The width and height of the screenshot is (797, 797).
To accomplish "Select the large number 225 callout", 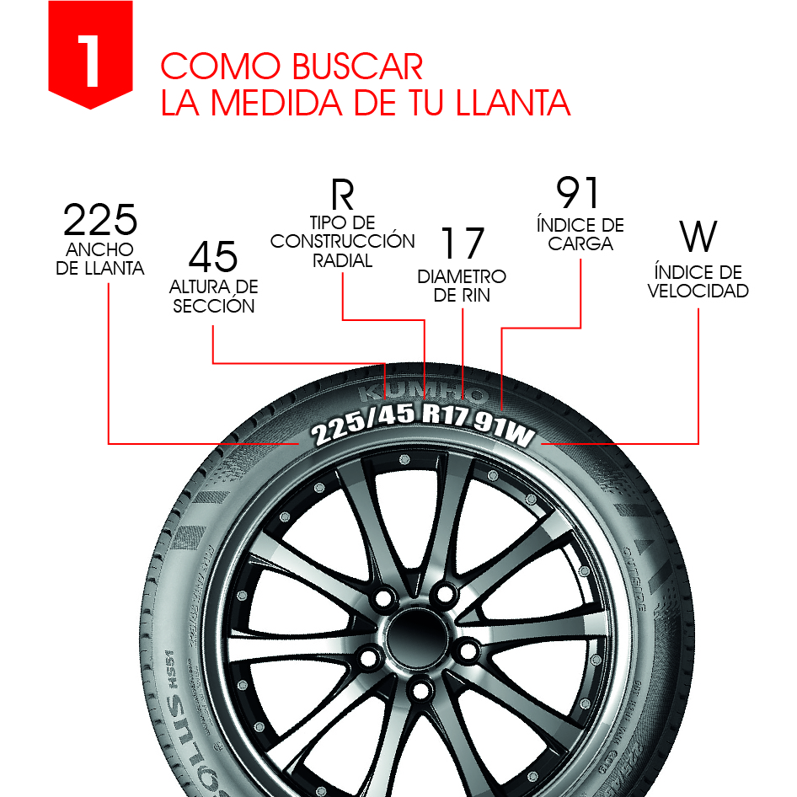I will coord(100,221).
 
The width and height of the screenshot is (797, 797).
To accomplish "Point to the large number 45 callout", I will coord(213,256).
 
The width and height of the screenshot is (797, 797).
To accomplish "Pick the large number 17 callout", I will coord(463,243).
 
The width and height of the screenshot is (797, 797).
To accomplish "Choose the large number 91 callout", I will coord(579,193).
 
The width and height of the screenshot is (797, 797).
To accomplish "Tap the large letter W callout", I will coord(698,238).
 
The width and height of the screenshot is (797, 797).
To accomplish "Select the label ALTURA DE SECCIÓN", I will coord(214,297).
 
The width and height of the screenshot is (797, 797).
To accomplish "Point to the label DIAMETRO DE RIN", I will coord(462,286).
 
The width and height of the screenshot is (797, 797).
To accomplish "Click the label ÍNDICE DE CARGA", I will coord(580,235).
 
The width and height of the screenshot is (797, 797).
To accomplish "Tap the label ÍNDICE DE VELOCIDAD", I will coord(698,282).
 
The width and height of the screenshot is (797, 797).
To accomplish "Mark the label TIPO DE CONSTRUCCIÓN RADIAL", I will coord(342,242).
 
